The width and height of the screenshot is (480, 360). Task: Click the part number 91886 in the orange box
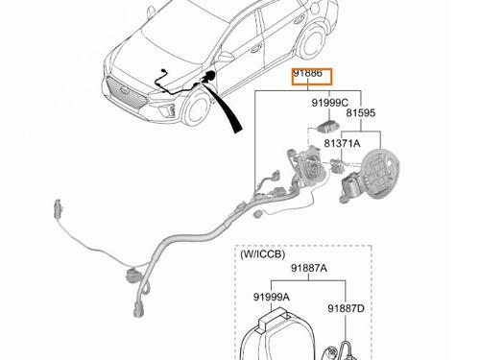pos(308,74)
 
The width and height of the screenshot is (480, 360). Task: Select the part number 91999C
pos(330,103)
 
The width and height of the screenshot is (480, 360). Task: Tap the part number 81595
pos(361,113)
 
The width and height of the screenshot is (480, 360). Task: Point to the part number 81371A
pos(342,143)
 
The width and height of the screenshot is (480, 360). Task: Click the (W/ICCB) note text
pos(262,254)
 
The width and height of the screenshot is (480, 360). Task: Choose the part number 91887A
pos(309,268)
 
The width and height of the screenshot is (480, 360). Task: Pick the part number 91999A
pos(272,297)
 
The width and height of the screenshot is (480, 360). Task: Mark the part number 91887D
pos(346,309)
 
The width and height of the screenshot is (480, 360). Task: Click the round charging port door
pos(381,171)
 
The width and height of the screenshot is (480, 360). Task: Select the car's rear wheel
pos(313,41)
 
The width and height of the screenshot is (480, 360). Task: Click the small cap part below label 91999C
pos(327,126)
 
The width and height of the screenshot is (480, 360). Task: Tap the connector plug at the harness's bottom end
pos(138,309)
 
